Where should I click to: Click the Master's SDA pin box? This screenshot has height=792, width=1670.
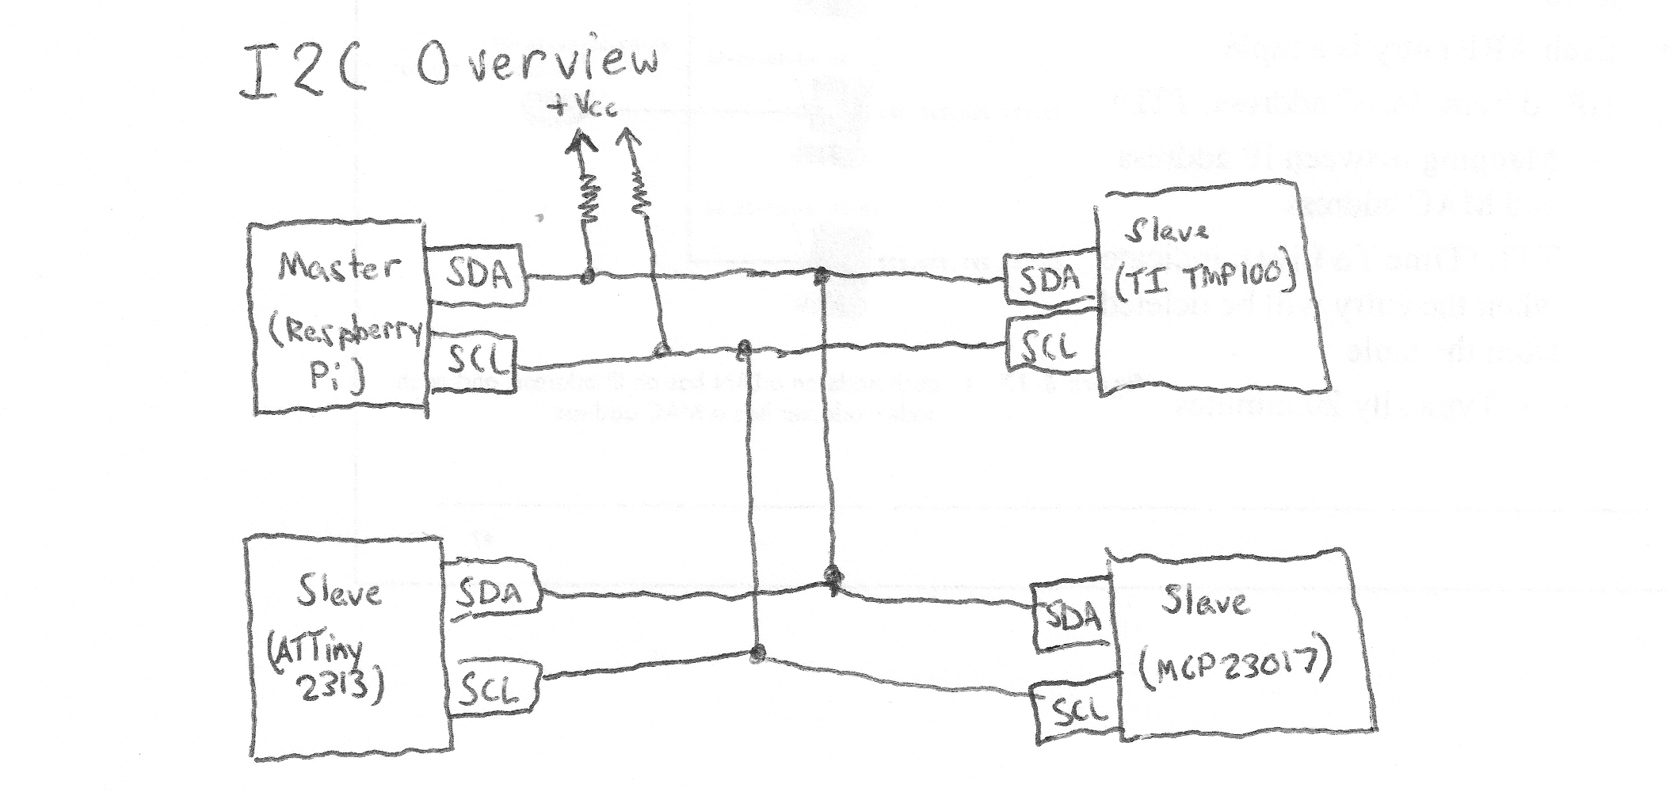click(x=478, y=275)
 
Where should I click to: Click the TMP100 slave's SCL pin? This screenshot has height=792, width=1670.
click(x=1049, y=345)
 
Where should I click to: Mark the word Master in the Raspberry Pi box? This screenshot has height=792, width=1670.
click(x=338, y=268)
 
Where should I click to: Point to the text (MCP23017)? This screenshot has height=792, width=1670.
click(x=1234, y=668)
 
